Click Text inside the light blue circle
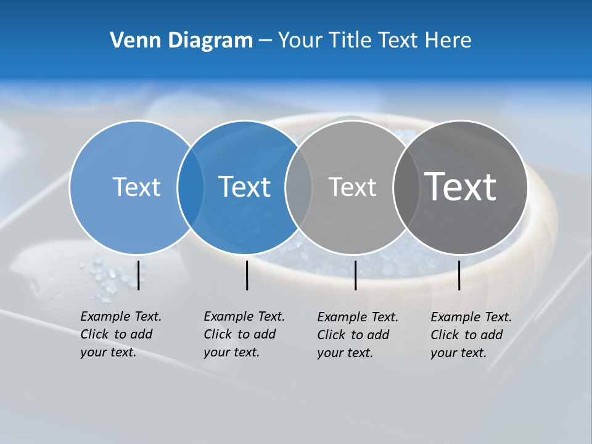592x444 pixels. (x=136, y=187)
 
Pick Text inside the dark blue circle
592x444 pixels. (x=244, y=187)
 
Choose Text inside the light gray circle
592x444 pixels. (x=352, y=187)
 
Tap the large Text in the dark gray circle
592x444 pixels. (x=461, y=187)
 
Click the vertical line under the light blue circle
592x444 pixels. (x=139, y=275)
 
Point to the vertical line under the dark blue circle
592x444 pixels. (x=247, y=275)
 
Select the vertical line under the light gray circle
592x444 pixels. (x=355, y=275)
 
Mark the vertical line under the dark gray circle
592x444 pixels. (x=459, y=275)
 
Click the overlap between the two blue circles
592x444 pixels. (x=191, y=187)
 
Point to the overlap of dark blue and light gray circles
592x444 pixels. (x=298, y=187)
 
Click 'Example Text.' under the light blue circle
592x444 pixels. (x=121, y=316)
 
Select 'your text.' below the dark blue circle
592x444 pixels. (x=231, y=352)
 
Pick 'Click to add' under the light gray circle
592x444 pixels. (x=353, y=335)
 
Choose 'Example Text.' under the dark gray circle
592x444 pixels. (x=471, y=317)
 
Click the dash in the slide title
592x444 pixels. (x=265, y=41)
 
